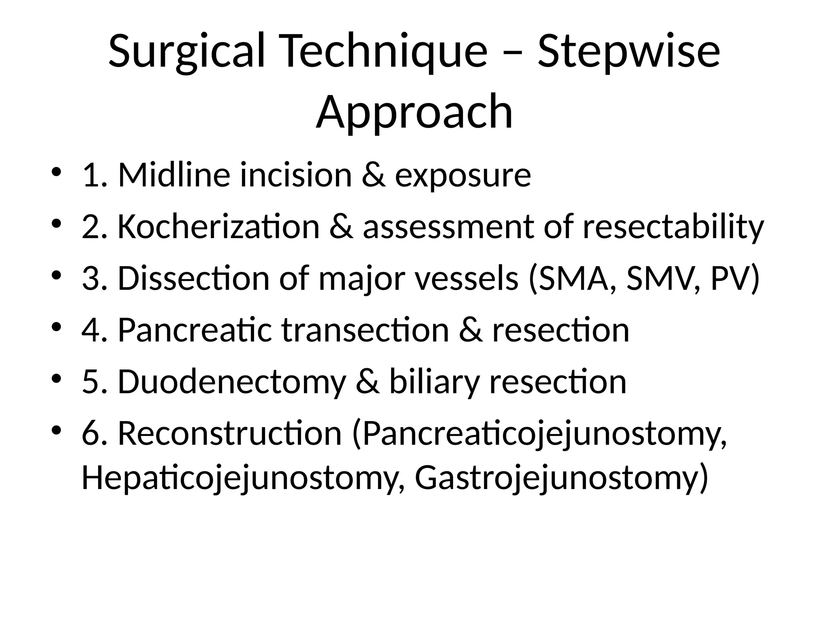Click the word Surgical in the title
tap(187, 52)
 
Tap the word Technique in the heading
tap(381, 52)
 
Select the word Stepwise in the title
tap(629, 52)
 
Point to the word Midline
tap(175, 175)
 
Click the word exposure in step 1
tap(462, 175)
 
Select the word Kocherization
tap(218, 227)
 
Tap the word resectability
tap(673, 227)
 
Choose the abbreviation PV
tap(730, 279)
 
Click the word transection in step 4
tap(365, 330)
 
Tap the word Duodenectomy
tap(231, 382)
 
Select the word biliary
tap(434, 382)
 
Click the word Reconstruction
tap(230, 434)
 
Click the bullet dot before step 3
tap(57, 275)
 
